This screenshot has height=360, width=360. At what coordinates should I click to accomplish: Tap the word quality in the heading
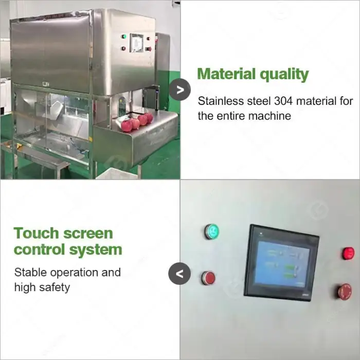pyautogui.click(x=284, y=75)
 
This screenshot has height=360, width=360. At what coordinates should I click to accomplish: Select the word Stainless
pyautogui.click(x=221, y=101)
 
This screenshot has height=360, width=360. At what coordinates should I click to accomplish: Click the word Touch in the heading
pyautogui.click(x=37, y=233)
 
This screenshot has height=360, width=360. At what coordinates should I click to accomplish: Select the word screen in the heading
pyautogui.click(x=88, y=233)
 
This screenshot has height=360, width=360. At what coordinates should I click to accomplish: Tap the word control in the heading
pyautogui.click(x=39, y=249)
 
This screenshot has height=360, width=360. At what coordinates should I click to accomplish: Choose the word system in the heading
pyautogui.click(x=96, y=250)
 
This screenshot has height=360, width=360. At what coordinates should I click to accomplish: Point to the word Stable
pyautogui.click(x=30, y=272)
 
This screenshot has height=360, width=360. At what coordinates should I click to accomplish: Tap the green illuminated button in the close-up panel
pyautogui.click(x=212, y=231)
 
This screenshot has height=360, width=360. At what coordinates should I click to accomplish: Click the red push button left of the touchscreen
pyautogui.click(x=208, y=278)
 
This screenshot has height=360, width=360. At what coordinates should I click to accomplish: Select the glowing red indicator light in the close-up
pyautogui.click(x=348, y=254)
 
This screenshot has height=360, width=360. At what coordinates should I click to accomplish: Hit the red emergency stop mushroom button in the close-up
pyautogui.click(x=345, y=292)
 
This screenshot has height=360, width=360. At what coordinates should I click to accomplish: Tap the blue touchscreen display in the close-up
pyautogui.click(x=282, y=263)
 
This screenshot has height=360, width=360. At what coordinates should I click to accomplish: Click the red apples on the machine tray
pyautogui.click(x=137, y=122)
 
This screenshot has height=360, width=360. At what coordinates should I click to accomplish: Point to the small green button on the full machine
pyautogui.click(x=124, y=37)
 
